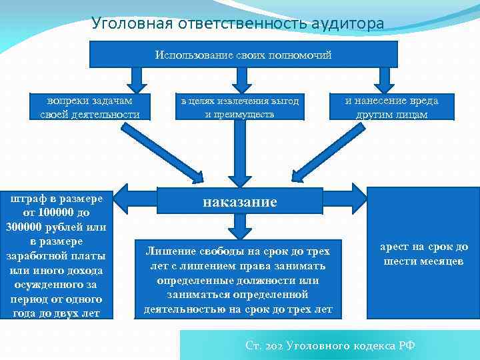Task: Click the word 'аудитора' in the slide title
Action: [347, 24]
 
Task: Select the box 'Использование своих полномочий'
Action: [243, 55]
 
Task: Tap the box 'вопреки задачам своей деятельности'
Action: [89, 107]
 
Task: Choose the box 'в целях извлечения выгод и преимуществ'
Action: [239, 107]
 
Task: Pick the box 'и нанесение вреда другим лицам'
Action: [391, 107]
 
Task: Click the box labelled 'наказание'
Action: [240, 202]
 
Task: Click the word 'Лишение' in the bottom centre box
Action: [172, 251]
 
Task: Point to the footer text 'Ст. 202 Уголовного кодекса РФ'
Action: [330, 345]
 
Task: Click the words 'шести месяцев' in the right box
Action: [424, 261]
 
